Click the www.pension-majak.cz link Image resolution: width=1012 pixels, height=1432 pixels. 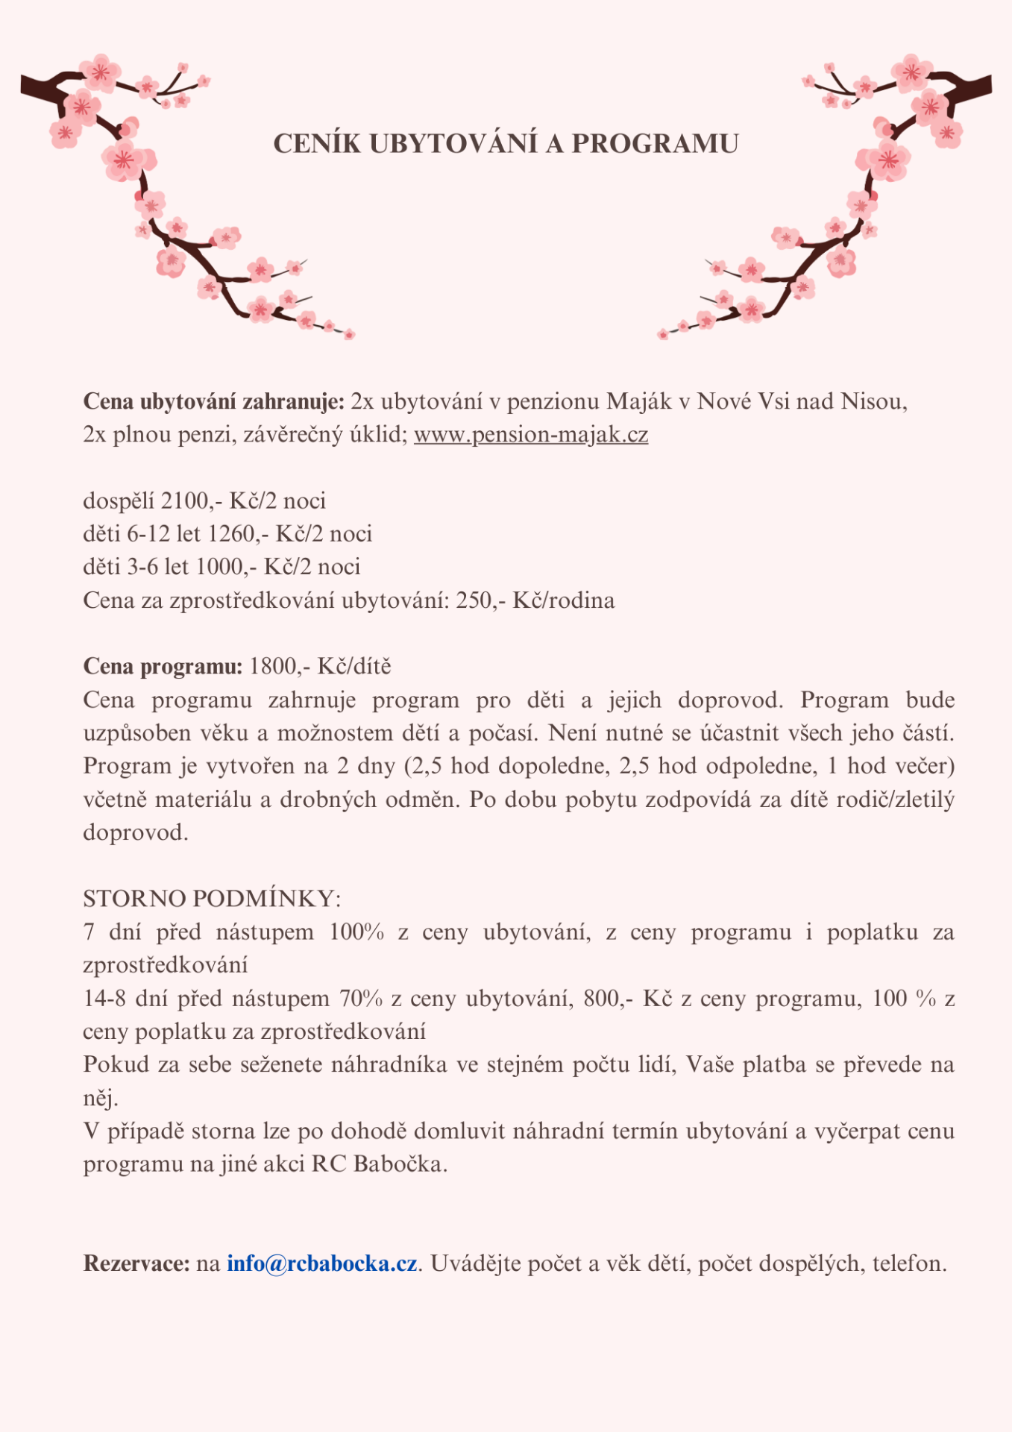pos(530,434)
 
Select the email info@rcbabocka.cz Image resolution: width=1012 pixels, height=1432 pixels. pos(321,1263)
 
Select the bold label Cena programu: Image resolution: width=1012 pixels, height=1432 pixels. pos(163,666)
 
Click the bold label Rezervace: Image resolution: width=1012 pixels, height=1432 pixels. pos(136,1263)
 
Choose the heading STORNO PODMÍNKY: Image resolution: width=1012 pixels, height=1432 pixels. pos(212,899)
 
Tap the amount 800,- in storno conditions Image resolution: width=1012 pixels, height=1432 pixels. pos(609,999)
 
